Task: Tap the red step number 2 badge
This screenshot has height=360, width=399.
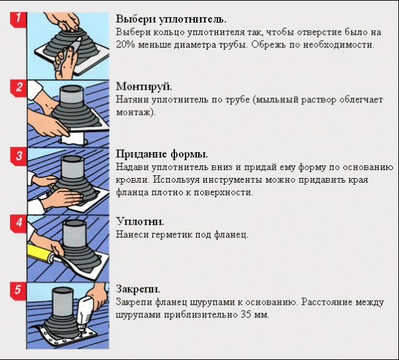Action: click(19, 86)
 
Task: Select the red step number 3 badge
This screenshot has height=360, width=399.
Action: click(19, 155)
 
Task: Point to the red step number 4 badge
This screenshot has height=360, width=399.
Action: click(19, 223)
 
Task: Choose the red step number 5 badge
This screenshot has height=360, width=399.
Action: click(19, 290)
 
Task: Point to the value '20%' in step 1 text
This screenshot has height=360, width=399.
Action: click(125, 45)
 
